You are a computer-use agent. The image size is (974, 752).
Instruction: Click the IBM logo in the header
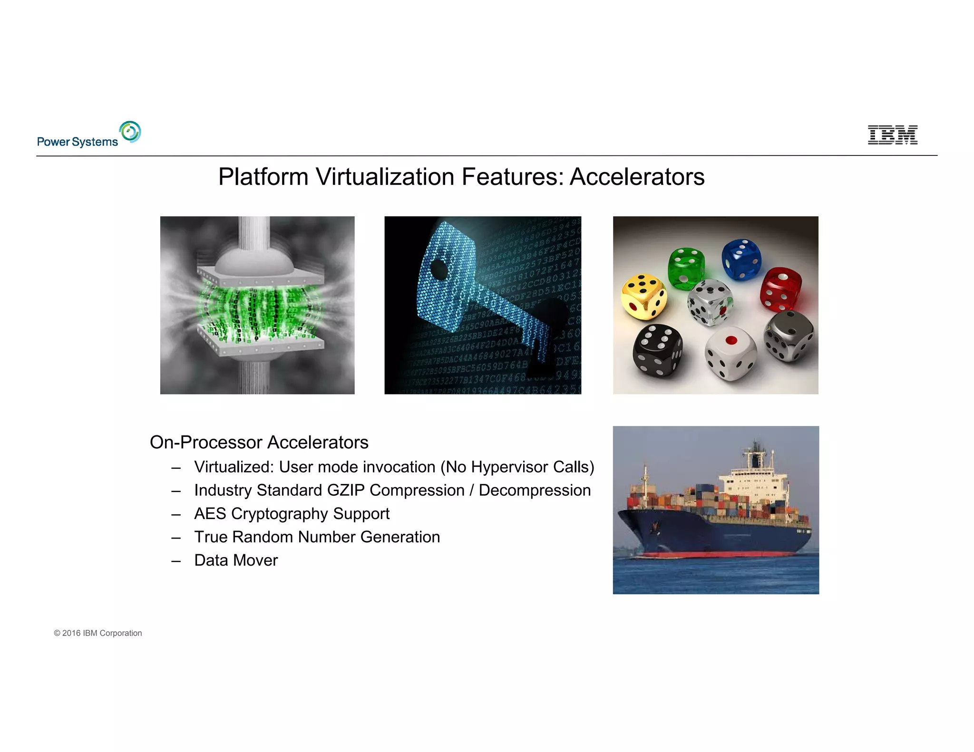point(892,135)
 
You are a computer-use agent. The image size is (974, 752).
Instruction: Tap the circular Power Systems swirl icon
point(130,132)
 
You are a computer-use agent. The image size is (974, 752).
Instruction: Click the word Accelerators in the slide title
point(637,177)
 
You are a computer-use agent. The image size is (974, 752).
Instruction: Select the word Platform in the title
point(263,177)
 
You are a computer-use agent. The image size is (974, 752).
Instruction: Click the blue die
point(741,259)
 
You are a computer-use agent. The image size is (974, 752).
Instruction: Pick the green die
point(686,268)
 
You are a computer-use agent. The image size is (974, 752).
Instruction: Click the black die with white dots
point(657,350)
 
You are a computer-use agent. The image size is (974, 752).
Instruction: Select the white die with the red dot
point(730,353)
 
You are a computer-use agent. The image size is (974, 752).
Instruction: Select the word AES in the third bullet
point(210,513)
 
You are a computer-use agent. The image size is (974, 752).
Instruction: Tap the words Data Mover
point(236,560)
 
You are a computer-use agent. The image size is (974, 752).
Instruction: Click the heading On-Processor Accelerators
point(259,442)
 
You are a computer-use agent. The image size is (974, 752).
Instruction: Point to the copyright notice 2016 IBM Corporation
point(98,633)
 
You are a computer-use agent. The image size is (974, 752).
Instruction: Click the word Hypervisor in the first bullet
point(509,467)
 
